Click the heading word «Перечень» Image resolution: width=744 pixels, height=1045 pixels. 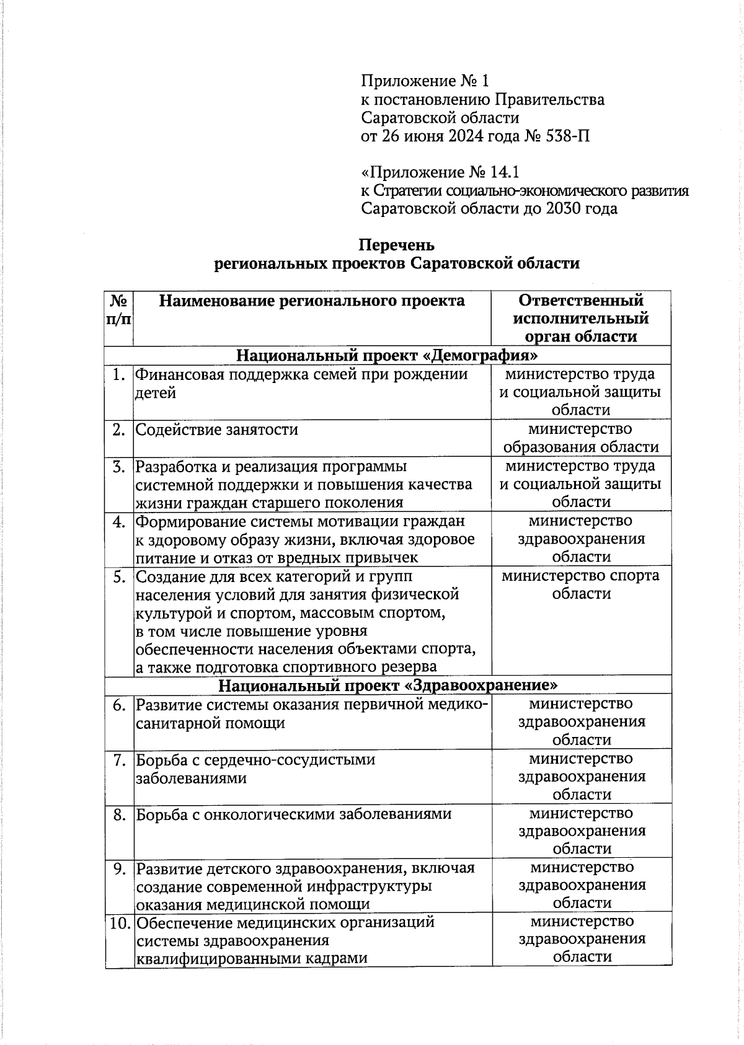tap(397, 245)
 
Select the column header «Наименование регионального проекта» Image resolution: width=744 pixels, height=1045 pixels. tap(312, 301)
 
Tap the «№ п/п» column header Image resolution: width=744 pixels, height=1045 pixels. tap(119, 310)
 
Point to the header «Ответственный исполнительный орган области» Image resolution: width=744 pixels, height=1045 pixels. tap(581, 319)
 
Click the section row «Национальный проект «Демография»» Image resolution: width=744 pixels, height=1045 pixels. tap(387, 356)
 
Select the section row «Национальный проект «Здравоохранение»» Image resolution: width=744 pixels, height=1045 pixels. tap(387, 686)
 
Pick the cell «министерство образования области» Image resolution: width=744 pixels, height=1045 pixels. tap(581, 438)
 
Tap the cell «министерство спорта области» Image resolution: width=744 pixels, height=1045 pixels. tap(581, 584)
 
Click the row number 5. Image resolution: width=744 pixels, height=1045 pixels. tap(120, 577)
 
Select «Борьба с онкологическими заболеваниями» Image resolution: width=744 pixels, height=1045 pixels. tap(294, 814)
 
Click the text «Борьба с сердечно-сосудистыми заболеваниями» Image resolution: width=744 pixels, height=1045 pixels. tap(255, 769)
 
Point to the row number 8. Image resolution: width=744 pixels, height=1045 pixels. tap(120, 814)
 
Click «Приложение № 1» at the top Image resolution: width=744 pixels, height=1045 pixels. tap(425, 81)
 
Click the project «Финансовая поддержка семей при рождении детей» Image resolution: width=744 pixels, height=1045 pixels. tap(301, 383)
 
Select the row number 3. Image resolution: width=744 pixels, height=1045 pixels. tap(120, 467)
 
